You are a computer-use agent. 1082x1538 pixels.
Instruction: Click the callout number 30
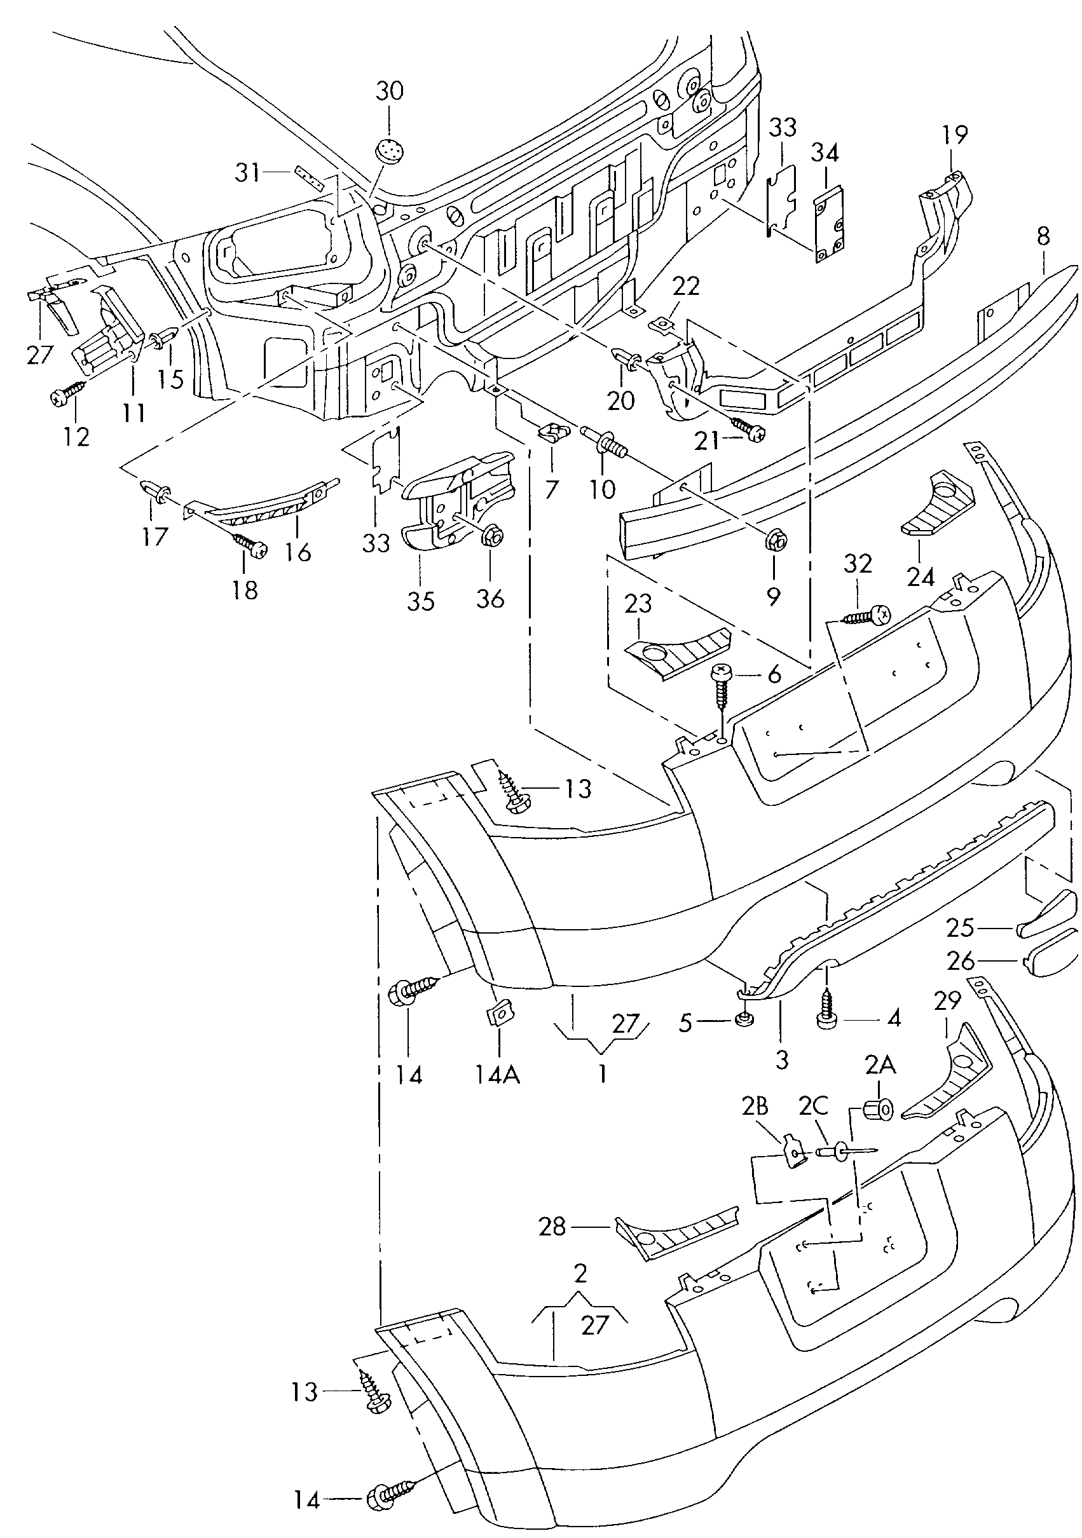(389, 90)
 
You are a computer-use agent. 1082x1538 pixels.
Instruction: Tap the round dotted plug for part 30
(390, 150)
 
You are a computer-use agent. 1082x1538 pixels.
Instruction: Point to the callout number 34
(825, 153)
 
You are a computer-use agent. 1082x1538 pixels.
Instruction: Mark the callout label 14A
(498, 1075)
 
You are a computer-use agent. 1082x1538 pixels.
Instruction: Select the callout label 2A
(880, 1064)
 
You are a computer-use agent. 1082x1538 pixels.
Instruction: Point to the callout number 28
(552, 1226)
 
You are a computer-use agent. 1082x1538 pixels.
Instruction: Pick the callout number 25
(959, 928)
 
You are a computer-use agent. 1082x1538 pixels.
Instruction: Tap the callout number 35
(420, 601)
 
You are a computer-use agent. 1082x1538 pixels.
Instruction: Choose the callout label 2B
(755, 1107)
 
